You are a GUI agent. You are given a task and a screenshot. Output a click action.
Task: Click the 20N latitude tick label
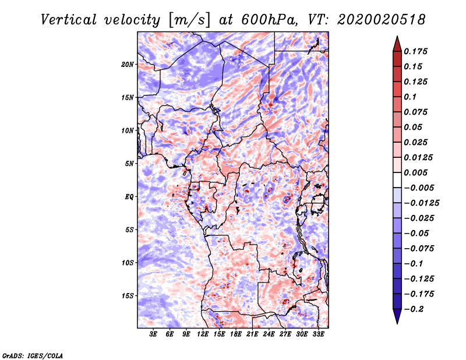click(128, 64)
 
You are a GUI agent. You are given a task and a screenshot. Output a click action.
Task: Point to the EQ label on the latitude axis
click(129, 196)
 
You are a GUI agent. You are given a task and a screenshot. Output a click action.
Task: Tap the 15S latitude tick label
click(128, 295)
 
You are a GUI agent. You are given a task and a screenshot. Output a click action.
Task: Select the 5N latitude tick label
click(129, 163)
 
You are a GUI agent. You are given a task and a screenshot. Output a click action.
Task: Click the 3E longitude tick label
click(154, 334)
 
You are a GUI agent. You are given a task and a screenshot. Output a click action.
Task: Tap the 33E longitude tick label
click(319, 334)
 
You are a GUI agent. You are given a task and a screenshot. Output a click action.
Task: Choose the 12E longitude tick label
click(203, 334)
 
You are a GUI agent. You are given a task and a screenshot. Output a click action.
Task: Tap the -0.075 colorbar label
click(421, 248)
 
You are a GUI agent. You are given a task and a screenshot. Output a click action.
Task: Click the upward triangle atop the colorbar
click(397, 43)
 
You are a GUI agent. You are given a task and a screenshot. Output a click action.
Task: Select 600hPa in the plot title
click(266, 19)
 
